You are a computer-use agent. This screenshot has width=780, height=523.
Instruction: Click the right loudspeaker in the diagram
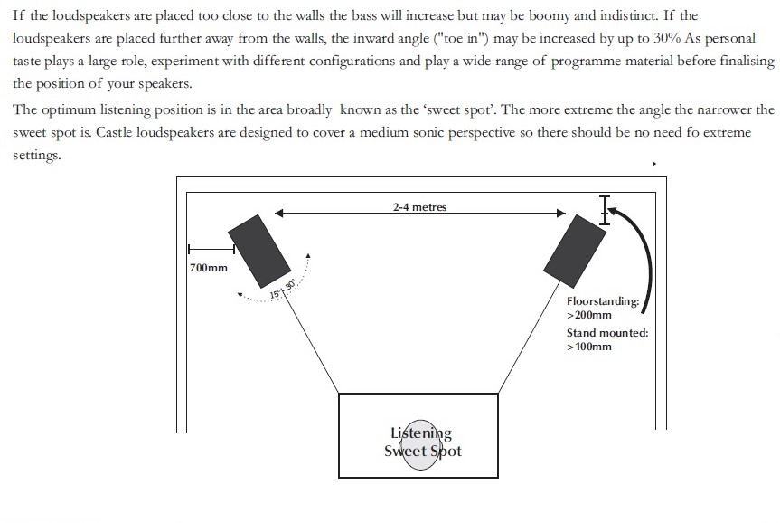click(x=575, y=247)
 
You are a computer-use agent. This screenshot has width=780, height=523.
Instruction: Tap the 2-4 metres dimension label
click(x=419, y=206)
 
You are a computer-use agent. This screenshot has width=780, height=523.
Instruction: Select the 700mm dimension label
click(x=209, y=268)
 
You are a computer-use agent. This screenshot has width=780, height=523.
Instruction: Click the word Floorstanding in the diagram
click(x=603, y=301)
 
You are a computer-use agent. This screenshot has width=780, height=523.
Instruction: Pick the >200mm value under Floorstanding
click(x=589, y=315)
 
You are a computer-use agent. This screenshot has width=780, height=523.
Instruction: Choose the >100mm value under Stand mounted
click(x=589, y=347)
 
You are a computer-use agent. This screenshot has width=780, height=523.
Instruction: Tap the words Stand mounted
click(x=606, y=333)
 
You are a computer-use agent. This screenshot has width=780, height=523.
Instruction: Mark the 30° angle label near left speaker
click(x=290, y=285)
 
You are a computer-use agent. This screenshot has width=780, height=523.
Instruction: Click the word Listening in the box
click(x=421, y=433)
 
